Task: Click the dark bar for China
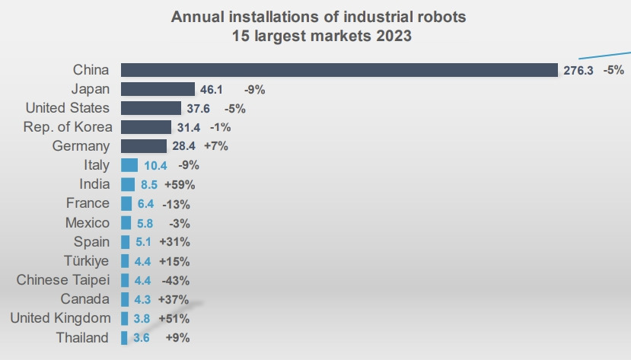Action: tap(339, 70)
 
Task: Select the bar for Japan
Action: tap(158, 89)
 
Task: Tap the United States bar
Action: tap(151, 108)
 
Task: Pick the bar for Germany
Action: tap(143, 146)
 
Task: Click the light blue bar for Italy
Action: tap(129, 165)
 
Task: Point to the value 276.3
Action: tap(578, 71)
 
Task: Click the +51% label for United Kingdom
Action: tap(174, 318)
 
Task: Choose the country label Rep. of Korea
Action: tap(68, 127)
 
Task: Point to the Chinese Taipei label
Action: tap(63, 280)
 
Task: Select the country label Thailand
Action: tap(82, 338)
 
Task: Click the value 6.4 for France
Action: tap(145, 204)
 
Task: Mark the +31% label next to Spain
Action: tap(174, 242)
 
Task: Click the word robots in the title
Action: tap(441, 15)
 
